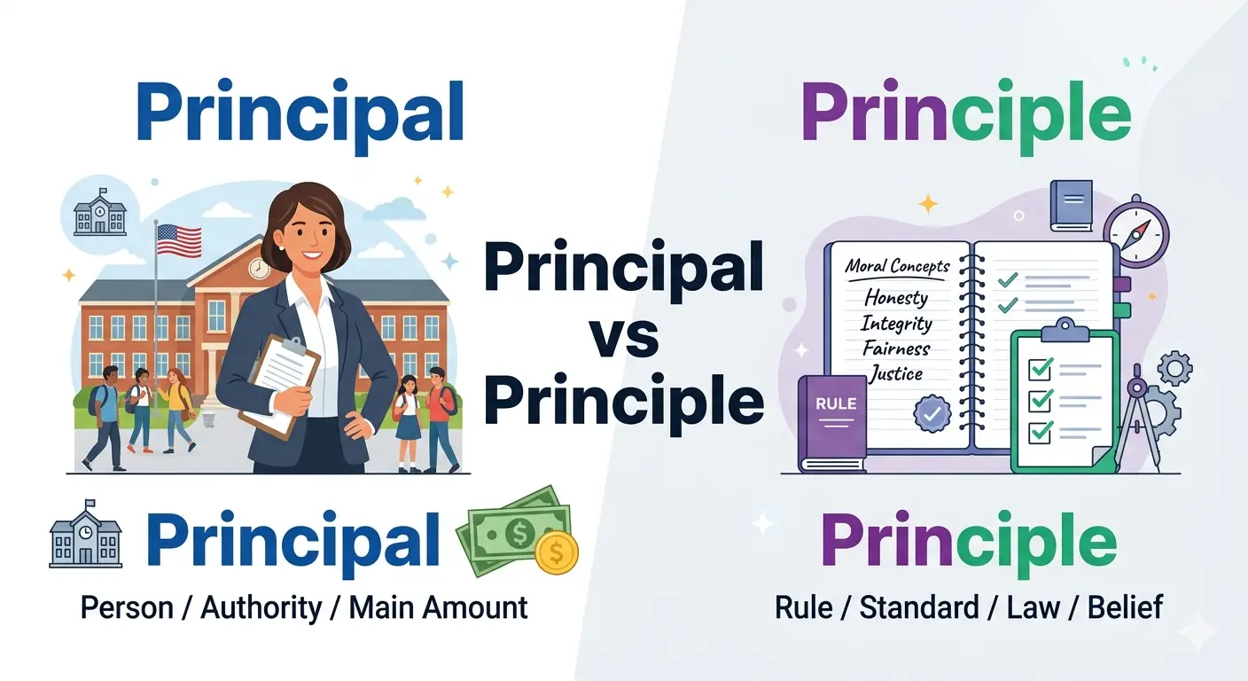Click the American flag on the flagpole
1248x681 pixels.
pos(178,240)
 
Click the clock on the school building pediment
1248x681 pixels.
pos(259,267)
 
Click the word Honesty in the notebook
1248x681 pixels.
pos(896,296)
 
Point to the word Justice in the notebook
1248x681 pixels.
pos(896,373)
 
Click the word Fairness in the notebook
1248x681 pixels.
pos(897,348)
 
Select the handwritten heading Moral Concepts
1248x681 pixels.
pos(897,266)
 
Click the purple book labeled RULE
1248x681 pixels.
pos(834,422)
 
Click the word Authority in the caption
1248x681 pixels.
pos(261,608)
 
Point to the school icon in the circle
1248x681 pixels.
pos(99,213)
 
